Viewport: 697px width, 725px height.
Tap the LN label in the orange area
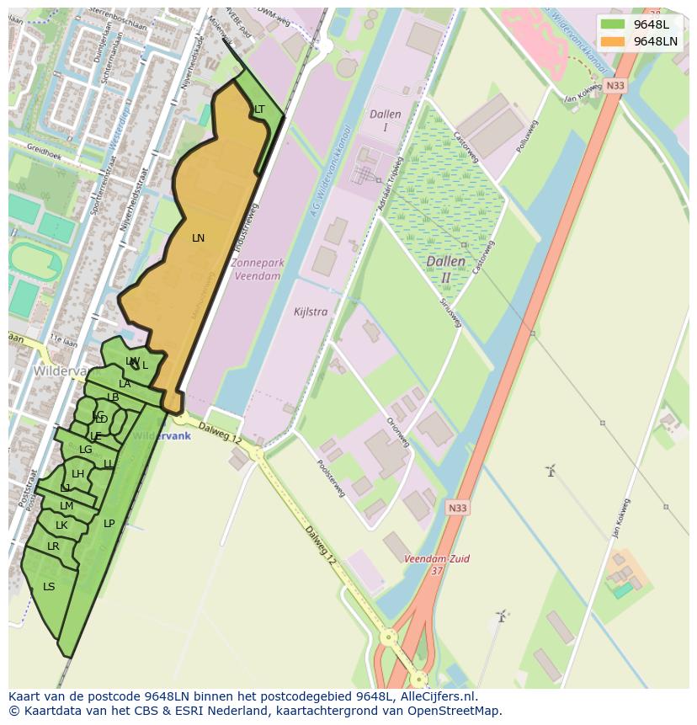pos(198,238)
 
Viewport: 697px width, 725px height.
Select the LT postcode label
pos(259,109)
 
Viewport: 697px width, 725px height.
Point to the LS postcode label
pos(49,587)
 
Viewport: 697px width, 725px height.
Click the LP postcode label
pos(109,524)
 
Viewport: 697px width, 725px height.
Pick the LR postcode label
pos(53,546)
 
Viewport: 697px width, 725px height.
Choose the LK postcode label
pos(61,525)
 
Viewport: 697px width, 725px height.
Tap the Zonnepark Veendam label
pos(257,269)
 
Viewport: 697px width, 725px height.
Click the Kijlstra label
pos(311,312)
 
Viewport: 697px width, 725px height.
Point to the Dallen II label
pos(445,269)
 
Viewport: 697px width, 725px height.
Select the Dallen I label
pos(385,120)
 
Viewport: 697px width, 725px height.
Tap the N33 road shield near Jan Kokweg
pos(615,86)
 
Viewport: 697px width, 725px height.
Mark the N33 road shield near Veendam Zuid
pos(456,508)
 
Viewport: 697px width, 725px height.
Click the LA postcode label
pos(125,384)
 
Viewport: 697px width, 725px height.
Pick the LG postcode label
pos(85,450)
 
